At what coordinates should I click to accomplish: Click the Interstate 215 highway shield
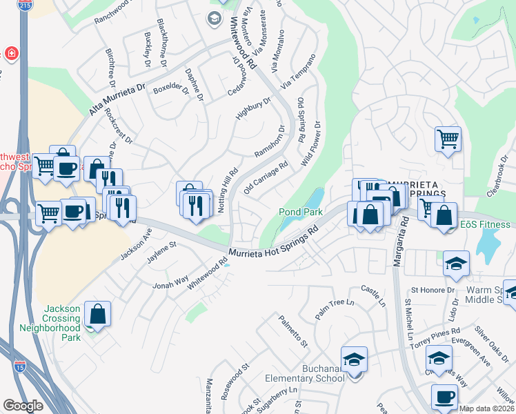click(26, 6)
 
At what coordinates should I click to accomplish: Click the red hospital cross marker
click(12, 53)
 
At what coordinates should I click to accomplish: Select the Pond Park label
click(296, 211)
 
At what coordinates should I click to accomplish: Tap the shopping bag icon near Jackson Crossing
click(98, 314)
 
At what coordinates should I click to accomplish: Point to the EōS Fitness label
click(486, 224)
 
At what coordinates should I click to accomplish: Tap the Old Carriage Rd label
click(266, 178)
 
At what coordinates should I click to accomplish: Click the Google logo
click(23, 406)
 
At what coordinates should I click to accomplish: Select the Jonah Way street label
click(170, 282)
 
